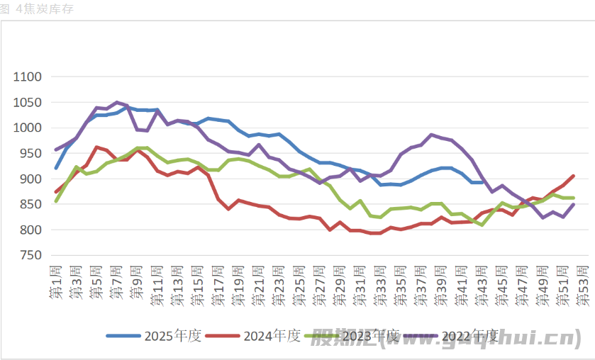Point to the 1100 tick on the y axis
[28, 77]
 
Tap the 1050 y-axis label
[28, 102]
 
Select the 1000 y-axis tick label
[28, 128]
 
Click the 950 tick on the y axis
[31, 153]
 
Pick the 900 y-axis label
[31, 179]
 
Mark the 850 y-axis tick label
[31, 204]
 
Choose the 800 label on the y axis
[31, 230]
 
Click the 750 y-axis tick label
[31, 255]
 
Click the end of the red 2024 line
[573, 176]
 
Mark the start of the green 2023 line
[56, 201]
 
